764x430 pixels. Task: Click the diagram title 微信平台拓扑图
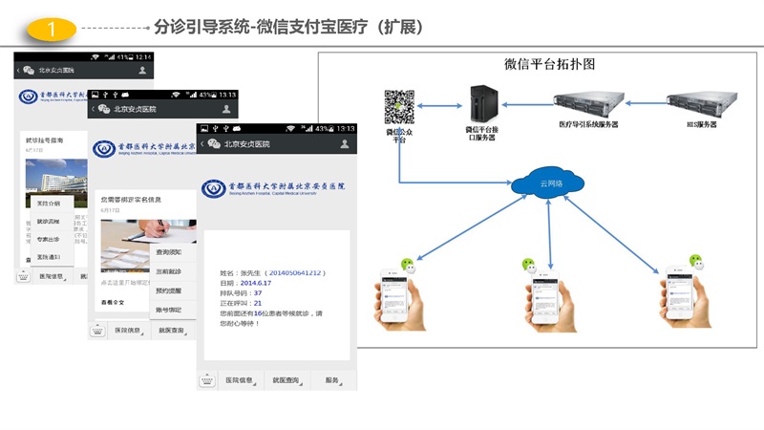point(549,65)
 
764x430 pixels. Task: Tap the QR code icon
point(399,106)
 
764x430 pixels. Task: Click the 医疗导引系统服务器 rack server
point(586,102)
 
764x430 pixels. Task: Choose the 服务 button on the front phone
point(332,380)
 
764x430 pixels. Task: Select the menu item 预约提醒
point(169,290)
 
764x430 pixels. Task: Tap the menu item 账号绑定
point(169,310)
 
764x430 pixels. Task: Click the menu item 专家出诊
point(49,239)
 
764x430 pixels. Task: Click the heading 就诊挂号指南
point(45,140)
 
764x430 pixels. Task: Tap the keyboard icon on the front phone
point(207,380)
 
